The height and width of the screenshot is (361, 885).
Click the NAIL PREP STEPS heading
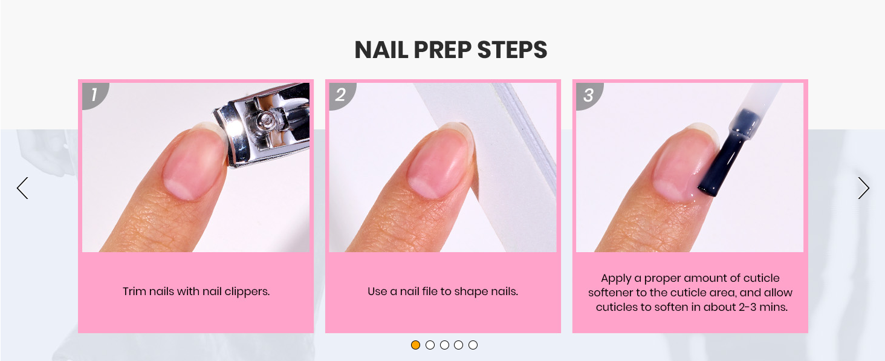(x=451, y=50)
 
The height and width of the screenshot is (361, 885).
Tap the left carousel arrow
(x=22, y=188)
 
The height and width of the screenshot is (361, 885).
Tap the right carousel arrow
(x=864, y=188)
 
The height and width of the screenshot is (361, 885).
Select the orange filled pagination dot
(x=416, y=345)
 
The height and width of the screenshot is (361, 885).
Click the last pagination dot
(x=473, y=345)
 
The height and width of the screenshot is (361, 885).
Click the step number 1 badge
(x=95, y=95)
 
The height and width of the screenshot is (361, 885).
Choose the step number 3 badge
(x=589, y=95)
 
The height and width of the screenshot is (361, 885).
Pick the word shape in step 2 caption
(x=470, y=292)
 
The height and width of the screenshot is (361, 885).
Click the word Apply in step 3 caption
(x=616, y=279)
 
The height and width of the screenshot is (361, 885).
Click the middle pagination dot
(x=444, y=345)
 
